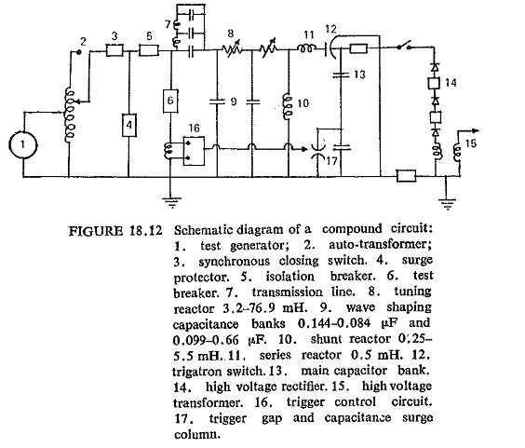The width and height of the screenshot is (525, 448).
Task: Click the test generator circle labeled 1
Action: click(x=22, y=145)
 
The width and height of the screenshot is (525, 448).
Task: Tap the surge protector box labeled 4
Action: click(x=128, y=125)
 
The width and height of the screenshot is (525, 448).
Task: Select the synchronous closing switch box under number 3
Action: click(x=114, y=50)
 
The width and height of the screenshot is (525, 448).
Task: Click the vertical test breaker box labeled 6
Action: click(x=170, y=101)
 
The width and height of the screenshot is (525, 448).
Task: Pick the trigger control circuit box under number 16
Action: click(x=194, y=151)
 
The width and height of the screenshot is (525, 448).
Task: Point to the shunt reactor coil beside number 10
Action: click(x=288, y=106)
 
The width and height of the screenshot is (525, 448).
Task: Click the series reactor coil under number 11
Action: click(x=307, y=49)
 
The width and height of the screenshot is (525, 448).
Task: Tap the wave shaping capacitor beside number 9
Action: click(x=217, y=102)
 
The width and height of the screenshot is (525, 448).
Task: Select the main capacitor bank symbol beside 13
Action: click(x=341, y=75)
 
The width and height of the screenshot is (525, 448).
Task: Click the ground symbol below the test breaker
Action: click(x=172, y=202)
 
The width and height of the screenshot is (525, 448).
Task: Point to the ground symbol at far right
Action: click(x=448, y=204)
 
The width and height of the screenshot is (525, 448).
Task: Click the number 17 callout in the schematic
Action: click(x=331, y=161)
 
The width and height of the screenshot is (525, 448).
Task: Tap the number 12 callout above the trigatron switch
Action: click(x=330, y=29)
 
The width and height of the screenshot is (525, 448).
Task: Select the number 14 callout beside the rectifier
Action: click(x=451, y=83)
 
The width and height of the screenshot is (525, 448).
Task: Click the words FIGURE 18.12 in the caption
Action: click(x=115, y=231)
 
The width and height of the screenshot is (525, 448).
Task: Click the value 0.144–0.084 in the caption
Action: click(x=334, y=323)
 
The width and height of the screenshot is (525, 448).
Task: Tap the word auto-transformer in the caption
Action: click(x=381, y=244)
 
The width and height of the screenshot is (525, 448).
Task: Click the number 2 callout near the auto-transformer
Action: click(x=83, y=41)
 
